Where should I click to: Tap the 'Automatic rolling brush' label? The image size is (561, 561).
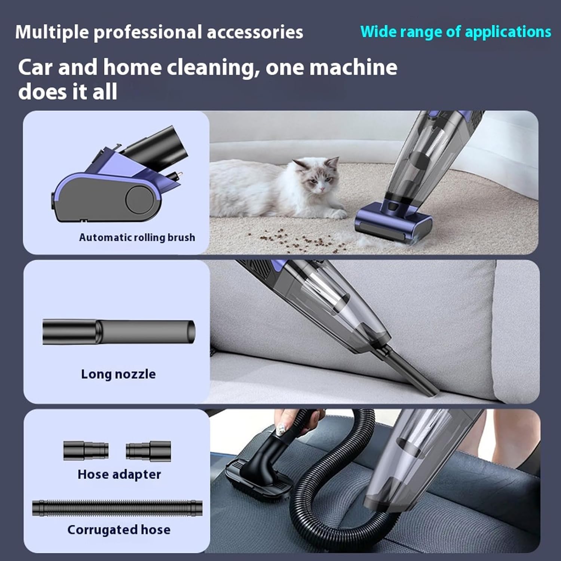tap(137, 237)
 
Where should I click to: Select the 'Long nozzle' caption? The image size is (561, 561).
tap(118, 374)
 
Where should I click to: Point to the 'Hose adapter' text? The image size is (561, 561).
tap(119, 474)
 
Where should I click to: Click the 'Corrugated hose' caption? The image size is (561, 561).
tap(119, 530)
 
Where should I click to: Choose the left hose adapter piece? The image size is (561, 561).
tap(86, 450)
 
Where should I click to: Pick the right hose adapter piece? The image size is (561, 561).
tap(148, 450)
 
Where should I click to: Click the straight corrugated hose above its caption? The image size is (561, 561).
tap(117, 508)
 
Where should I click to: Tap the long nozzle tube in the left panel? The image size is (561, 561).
tap(119, 332)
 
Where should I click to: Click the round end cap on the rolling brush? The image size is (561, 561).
tap(137, 199)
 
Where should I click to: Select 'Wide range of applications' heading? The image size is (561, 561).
tap(456, 32)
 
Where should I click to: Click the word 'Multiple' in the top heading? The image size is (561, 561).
tap(52, 32)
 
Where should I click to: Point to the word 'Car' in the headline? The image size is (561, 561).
tap(36, 68)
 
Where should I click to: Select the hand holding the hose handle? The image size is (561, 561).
tap(295, 421)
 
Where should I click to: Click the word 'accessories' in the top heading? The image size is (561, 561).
tap(255, 32)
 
